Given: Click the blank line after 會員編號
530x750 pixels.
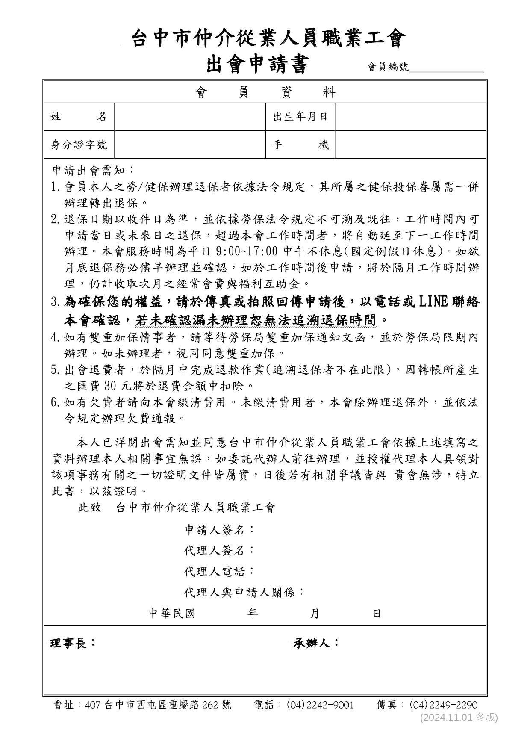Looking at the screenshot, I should (446, 67).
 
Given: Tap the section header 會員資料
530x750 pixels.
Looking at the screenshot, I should (265, 92).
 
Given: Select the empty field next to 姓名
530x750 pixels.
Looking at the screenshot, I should (190, 117).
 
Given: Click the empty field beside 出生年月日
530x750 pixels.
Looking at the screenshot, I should (410, 117).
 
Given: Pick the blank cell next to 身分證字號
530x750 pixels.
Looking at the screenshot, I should (190, 145).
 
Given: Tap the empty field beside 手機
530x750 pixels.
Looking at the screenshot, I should (410, 145).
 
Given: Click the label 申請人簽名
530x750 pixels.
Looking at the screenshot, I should (219, 530).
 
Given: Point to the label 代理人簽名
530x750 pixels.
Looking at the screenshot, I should (219, 550).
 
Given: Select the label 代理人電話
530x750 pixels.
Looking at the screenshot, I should (219, 571).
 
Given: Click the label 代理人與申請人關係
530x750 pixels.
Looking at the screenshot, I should (244, 592).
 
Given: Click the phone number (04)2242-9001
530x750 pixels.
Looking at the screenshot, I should (320, 705).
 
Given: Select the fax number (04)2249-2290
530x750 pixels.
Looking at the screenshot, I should (443, 705).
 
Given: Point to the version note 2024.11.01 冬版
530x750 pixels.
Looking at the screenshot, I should (459, 718).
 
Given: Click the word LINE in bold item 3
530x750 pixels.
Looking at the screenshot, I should (433, 302).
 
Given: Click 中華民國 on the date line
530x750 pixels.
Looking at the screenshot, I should (172, 614).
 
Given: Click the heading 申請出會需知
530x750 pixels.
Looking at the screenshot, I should (93, 171).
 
